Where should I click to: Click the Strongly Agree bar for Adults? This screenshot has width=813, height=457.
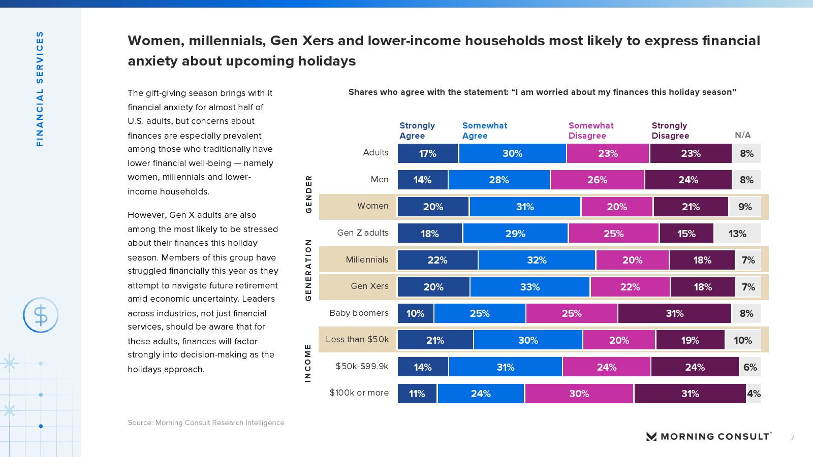click(427, 153)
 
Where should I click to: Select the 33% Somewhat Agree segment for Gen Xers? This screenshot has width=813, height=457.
click(529, 287)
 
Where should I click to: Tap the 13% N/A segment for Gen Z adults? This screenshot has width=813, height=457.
click(737, 234)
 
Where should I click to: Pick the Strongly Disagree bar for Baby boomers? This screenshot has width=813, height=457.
click(674, 313)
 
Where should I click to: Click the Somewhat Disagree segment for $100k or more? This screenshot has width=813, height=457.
click(579, 394)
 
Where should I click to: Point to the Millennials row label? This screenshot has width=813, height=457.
click(367, 259)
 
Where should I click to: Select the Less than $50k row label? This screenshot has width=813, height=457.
click(357, 339)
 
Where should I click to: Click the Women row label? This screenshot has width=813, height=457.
click(372, 206)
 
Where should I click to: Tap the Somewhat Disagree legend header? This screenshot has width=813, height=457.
click(591, 130)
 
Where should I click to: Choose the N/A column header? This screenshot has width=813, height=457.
click(742, 135)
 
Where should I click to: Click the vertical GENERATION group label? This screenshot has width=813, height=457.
click(308, 270)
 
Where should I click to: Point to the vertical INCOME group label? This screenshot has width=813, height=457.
click(308, 363)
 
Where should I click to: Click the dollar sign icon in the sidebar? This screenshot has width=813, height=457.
click(41, 315)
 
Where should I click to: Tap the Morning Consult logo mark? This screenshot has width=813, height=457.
click(651, 437)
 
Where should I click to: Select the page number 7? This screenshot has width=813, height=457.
click(792, 437)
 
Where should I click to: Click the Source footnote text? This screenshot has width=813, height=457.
click(206, 422)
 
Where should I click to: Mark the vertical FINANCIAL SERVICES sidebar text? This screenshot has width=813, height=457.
click(40, 89)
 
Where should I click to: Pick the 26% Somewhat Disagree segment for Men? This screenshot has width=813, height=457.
click(597, 180)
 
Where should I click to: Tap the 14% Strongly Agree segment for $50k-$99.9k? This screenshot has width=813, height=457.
click(422, 367)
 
